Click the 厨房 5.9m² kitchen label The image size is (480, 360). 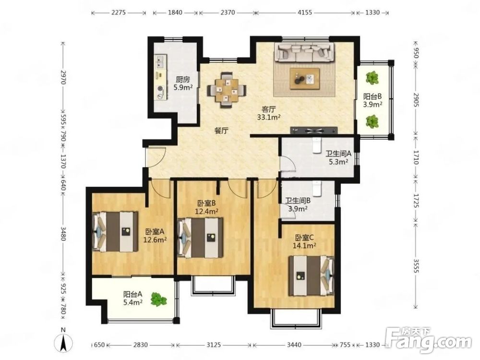[183, 84]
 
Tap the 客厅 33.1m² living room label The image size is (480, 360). [269, 113]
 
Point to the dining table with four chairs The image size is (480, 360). [227, 90]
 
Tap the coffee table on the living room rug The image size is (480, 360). [305, 79]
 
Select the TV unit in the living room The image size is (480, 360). [314, 131]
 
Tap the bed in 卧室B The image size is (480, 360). [201, 238]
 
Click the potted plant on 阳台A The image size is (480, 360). [158, 299]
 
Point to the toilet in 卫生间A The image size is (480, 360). [316, 145]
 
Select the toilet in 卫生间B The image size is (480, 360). [316, 188]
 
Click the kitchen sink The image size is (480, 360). [160, 62]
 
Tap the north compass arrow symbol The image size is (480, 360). [63, 342]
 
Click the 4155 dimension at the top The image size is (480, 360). [305, 12]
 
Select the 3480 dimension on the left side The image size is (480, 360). [63, 234]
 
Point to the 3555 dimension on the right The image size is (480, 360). [416, 266]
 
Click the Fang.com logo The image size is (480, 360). [428, 339]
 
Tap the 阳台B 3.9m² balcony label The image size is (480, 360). [372, 100]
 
